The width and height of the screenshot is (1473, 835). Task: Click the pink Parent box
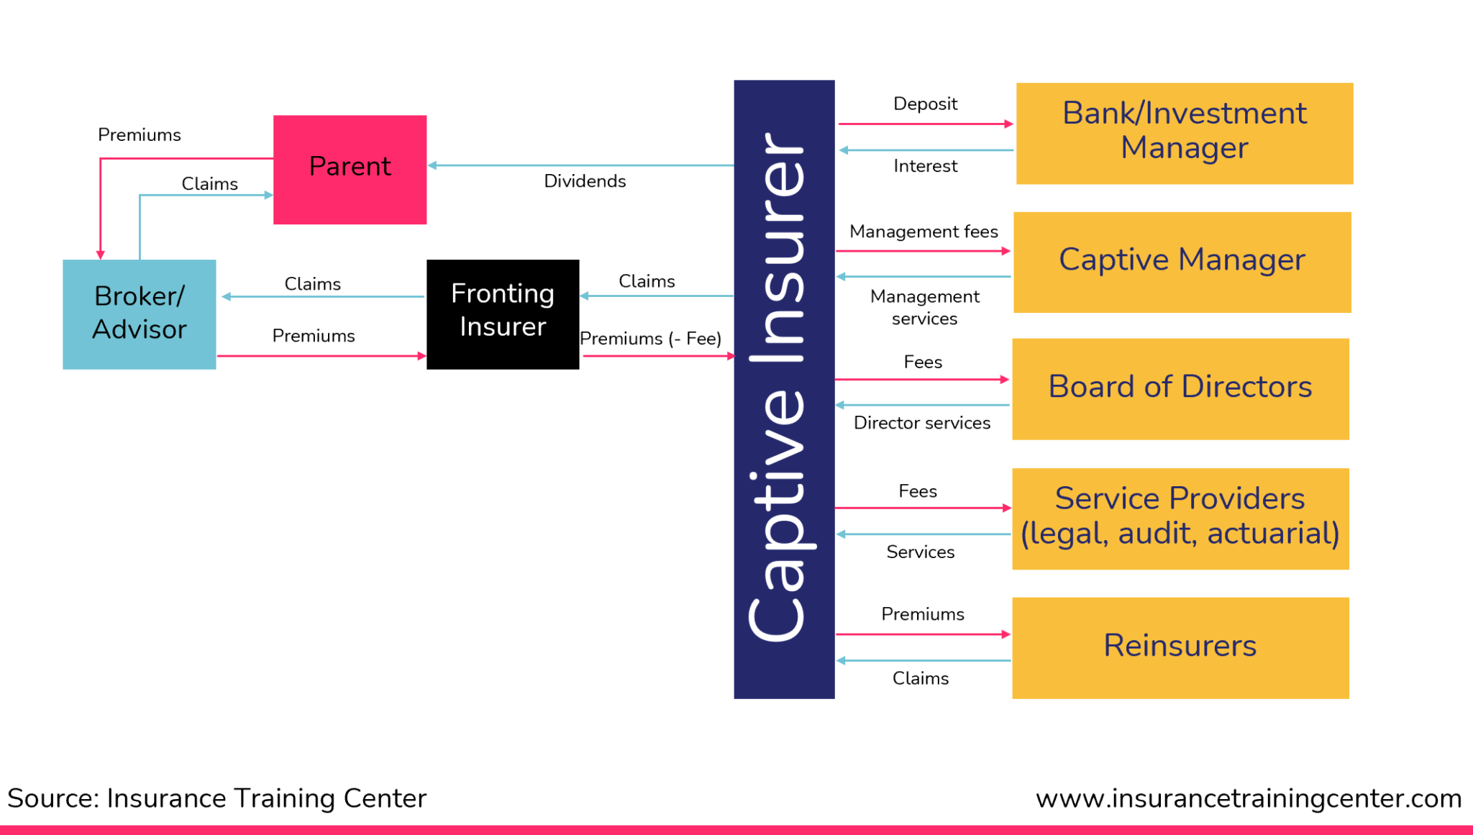(x=350, y=170)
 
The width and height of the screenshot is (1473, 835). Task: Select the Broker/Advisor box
(x=139, y=314)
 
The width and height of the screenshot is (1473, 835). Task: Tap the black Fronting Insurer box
(x=503, y=314)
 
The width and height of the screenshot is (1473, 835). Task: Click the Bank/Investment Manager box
(x=1184, y=133)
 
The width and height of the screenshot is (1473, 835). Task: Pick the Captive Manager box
(x=1182, y=262)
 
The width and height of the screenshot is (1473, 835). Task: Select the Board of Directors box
(x=1180, y=388)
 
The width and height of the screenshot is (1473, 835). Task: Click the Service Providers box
(x=1180, y=519)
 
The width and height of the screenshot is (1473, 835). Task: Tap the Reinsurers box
(x=1180, y=647)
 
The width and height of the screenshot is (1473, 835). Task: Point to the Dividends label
(x=585, y=181)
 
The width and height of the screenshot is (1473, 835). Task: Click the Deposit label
(x=925, y=104)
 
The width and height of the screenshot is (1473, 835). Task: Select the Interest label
(x=925, y=166)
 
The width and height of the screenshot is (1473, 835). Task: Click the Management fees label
(x=924, y=232)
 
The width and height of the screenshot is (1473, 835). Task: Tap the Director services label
(x=921, y=423)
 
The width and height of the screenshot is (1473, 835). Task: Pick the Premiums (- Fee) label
(x=650, y=339)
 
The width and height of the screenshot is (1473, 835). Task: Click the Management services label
(x=924, y=307)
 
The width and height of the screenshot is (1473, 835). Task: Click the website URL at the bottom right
(x=1248, y=798)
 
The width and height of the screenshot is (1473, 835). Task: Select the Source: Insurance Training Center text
(x=216, y=798)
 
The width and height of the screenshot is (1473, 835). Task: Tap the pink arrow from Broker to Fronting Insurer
(x=321, y=356)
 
